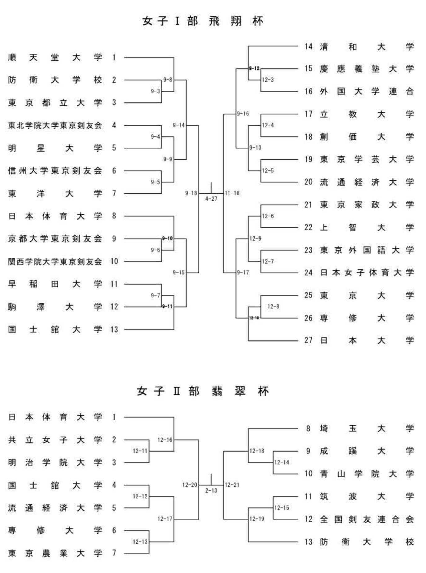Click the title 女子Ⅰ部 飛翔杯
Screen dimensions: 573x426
pyautogui.click(x=203, y=21)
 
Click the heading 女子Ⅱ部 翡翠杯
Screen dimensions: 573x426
pyautogui.click(x=203, y=391)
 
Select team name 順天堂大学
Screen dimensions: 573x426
pyautogui.click(x=55, y=57)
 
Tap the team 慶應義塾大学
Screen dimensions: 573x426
pyautogui.click(x=367, y=69)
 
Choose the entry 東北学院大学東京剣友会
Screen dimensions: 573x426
pyautogui.click(x=55, y=125)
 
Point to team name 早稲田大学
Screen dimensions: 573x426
pyautogui.click(x=55, y=284)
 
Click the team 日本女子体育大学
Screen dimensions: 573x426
pyautogui.click(x=367, y=273)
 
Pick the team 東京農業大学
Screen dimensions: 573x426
pyautogui.click(x=55, y=553)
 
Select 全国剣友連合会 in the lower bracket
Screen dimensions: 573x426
pyautogui.click(x=367, y=519)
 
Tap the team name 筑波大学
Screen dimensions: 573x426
pyautogui.click(x=367, y=496)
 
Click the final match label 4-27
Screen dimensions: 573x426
pyautogui.click(x=211, y=199)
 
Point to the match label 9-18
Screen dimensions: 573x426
pyautogui.click(x=191, y=193)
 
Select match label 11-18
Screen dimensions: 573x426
pyautogui.click(x=232, y=193)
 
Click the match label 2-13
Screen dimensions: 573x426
pyautogui.click(x=211, y=491)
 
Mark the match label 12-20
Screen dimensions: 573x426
pyautogui.click(x=190, y=485)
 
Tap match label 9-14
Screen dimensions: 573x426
pyautogui.click(x=179, y=125)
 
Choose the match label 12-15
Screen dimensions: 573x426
pyautogui.click(x=282, y=508)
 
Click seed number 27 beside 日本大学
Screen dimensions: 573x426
pyautogui.click(x=308, y=340)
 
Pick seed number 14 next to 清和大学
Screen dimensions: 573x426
pyautogui.click(x=308, y=46)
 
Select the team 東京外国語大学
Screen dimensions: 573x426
pyautogui.click(x=367, y=250)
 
